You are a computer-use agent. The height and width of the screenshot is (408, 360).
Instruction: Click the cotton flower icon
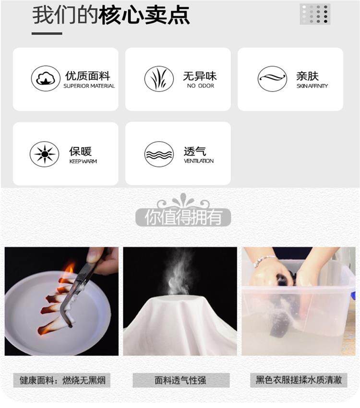46,78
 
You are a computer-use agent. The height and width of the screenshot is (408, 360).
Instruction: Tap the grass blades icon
159,79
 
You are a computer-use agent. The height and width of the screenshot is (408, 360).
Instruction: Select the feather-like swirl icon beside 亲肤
273,79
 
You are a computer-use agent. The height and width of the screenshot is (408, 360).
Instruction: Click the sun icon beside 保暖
45,154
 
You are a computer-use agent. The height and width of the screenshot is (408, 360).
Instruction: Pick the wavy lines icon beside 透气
159,154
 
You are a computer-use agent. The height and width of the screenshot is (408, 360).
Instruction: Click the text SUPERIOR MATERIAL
89,86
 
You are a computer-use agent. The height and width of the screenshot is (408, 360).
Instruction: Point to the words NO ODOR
201,86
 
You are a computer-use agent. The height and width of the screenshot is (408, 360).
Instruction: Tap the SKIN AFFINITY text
312,86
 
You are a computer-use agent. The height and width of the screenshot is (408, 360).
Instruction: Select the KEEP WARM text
83,161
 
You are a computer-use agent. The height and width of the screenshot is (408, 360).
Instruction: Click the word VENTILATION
199,161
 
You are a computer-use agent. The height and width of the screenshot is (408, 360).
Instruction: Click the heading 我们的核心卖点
111,15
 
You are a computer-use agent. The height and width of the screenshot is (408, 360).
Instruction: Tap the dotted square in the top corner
315,14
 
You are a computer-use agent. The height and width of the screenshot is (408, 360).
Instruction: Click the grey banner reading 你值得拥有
183,217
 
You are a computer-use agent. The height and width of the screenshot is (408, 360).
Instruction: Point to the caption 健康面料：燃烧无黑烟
62,380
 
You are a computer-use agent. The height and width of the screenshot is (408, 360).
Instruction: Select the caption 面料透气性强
181,380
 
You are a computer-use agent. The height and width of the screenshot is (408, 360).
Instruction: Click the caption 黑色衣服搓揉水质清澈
299,380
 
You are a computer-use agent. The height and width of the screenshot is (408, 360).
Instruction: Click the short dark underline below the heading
47,33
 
